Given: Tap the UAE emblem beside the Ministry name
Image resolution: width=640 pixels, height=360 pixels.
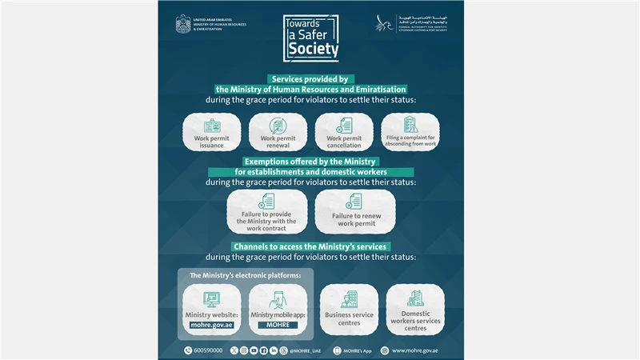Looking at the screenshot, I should pos(185,24).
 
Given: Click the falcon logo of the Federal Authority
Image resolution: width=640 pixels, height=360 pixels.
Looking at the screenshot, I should pos(385,23).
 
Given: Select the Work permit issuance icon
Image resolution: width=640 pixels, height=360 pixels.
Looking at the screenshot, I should pos(211,126).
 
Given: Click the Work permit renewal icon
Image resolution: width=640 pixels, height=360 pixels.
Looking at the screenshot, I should pos(278,126).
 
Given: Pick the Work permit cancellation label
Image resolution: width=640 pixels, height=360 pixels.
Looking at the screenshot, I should pos(344,142).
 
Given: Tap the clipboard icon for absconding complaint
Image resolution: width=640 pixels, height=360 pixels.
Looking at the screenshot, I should pos(410,125).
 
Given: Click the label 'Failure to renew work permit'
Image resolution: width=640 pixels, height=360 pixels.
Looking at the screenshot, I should pos(356,219).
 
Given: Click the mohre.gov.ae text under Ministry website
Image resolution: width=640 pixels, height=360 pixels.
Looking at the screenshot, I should pos(211,325).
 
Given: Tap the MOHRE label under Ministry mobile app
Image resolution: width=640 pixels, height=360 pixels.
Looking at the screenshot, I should pos(278,325).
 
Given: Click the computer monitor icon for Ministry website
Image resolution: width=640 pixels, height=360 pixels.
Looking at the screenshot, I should pos(211,299).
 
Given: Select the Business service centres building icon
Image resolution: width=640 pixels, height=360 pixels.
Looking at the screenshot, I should pos(349,298).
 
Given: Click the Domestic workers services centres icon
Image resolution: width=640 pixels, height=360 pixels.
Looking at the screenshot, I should pos(415,298).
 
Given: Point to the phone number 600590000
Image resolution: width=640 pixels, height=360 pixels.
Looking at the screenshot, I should pos(208,350).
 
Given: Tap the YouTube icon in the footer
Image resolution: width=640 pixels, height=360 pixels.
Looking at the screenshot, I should pos(254,350).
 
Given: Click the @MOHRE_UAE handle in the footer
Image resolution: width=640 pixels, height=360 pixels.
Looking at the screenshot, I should pos(306,350).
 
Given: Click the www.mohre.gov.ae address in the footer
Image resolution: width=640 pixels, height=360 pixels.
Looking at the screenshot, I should pos(420,350).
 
